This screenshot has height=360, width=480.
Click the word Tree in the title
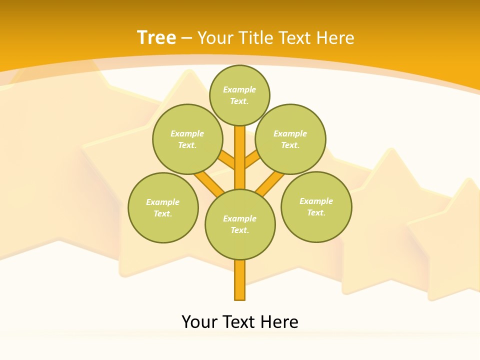(156, 37)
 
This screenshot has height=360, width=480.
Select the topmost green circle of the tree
(239, 95)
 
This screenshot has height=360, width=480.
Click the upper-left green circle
(187, 139)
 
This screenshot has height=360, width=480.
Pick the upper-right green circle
(290, 139)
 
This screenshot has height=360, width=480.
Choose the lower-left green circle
(163, 207)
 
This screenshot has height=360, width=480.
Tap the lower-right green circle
(316, 207)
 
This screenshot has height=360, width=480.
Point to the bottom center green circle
(240, 224)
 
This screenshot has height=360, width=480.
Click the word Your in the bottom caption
(199, 322)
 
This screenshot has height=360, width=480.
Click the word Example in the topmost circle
(239, 89)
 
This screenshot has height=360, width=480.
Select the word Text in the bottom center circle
(239, 230)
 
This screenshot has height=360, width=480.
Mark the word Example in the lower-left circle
(162, 202)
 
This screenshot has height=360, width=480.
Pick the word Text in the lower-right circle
(316, 213)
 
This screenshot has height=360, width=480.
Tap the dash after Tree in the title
(186, 37)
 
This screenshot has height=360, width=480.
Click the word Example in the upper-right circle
(290, 133)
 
